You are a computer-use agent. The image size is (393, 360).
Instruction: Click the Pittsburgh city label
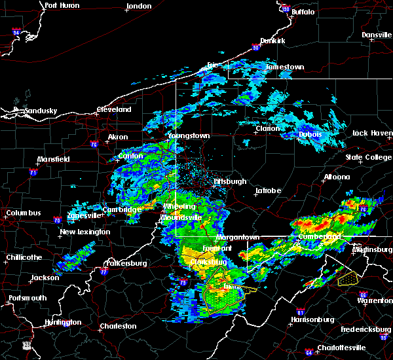tap(230, 181)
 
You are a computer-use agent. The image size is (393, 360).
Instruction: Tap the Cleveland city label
tap(114, 109)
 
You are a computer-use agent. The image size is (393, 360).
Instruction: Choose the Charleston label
tap(118, 326)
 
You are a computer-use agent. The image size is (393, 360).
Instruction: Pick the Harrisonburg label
tap(312, 320)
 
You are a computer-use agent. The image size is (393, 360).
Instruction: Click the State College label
tap(367, 158)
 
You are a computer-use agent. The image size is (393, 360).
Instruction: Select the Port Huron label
tap(62, 5)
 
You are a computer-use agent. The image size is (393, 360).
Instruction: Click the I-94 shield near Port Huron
tap(17, 31)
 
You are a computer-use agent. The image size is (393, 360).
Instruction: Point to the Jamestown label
tap(284, 67)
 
